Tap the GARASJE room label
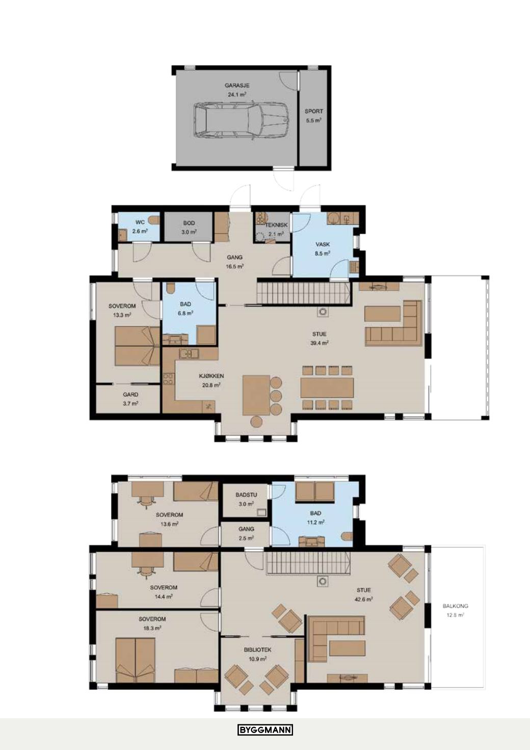coord(237,86)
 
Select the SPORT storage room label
coord(313,111)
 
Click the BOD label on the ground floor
coord(189,223)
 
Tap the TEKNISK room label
coord(276,225)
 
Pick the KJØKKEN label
coord(211,376)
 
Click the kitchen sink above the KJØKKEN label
coord(189,353)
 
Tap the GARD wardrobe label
coord(130,395)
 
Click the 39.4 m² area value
coord(319,343)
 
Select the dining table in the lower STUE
coord(327,388)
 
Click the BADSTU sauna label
coord(246,495)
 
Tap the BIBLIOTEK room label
coord(257,650)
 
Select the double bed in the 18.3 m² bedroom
coord(135,660)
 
